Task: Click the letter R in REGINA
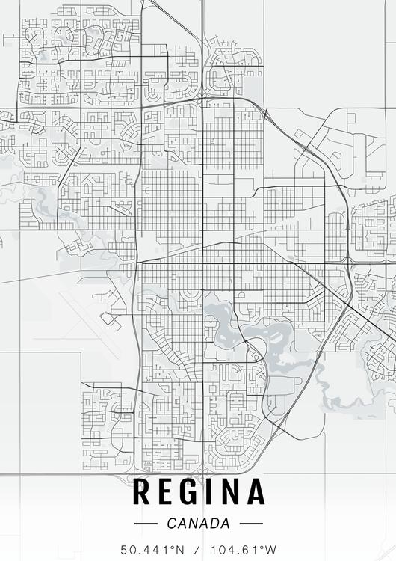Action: (142, 492)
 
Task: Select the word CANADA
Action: (199, 524)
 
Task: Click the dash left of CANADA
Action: (145, 524)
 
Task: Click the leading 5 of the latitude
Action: (125, 549)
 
